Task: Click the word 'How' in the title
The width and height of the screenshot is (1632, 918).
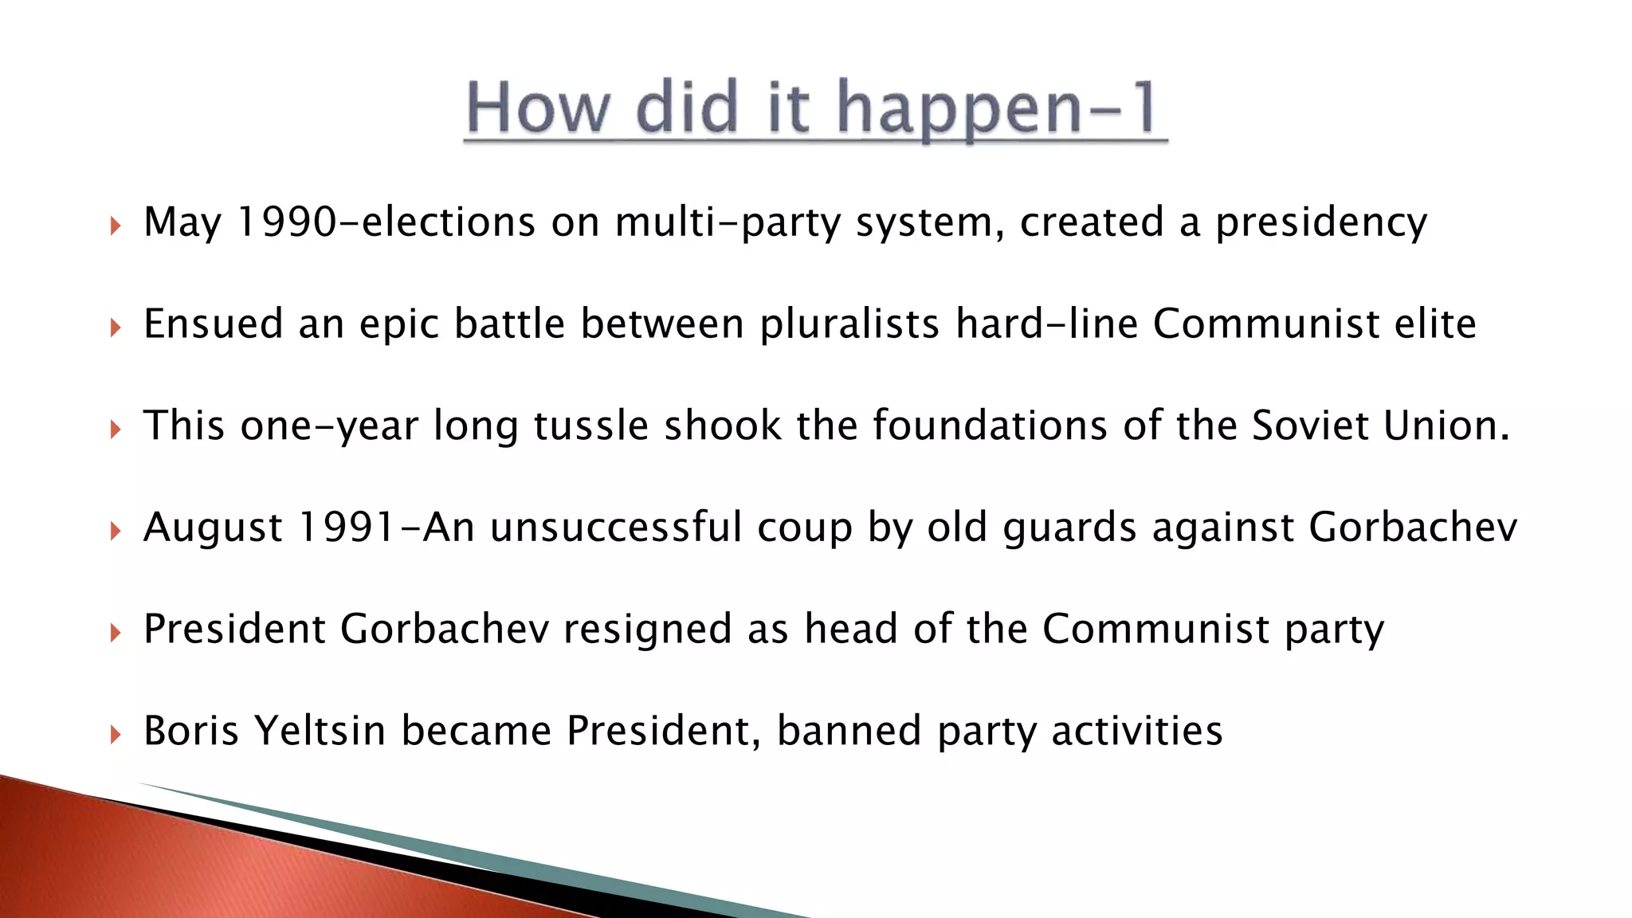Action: pos(536,108)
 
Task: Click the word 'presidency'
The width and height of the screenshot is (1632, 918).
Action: pos(1321,223)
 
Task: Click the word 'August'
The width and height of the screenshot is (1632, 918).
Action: pos(214,528)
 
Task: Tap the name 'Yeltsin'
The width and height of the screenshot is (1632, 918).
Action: pos(320,731)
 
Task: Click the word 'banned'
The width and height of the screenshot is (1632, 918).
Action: pos(849,731)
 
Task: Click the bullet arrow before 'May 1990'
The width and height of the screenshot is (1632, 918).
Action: pos(116,226)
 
